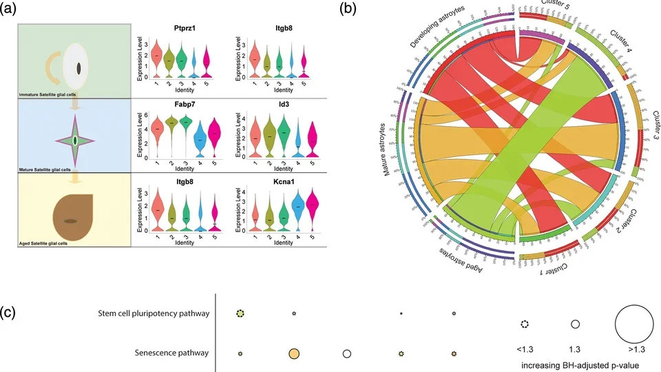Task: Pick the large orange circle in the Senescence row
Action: tap(294, 353)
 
